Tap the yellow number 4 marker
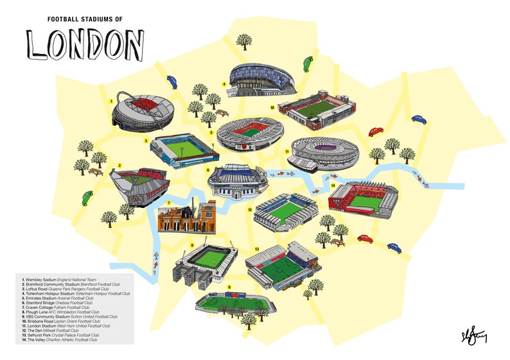pos(224,84)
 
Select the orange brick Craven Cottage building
pos(186,216)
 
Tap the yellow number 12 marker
pos(249,209)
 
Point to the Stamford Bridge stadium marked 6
pos(237,181)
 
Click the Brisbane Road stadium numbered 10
pos(317,110)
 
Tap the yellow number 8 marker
pos(191,246)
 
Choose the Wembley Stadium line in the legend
pos(51,280)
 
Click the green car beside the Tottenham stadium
pos(306,64)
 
